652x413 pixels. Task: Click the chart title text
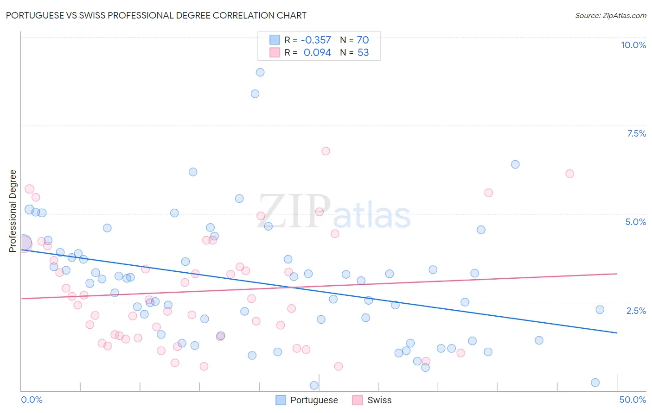(156, 15)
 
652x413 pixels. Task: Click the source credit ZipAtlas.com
(610, 15)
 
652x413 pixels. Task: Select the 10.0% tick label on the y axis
(633, 45)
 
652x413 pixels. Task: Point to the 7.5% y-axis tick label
(636, 133)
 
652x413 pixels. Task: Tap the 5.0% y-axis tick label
(635, 222)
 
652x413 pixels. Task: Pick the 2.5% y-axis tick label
(636, 311)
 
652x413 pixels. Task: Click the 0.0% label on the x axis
(32, 400)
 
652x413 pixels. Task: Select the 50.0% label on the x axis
(633, 400)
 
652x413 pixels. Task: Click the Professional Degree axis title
(13, 211)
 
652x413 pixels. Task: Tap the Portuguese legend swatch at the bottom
(281, 400)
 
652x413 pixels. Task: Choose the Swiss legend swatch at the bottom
(357, 400)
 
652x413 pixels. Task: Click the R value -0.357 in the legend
(316, 40)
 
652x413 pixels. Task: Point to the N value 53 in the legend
(363, 53)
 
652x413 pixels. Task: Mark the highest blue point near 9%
(260, 72)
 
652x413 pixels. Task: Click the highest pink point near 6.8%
(326, 151)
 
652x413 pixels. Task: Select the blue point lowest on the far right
(595, 382)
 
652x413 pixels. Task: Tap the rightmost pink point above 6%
(569, 174)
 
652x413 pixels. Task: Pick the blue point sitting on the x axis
(314, 385)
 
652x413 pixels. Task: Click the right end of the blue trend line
(617, 333)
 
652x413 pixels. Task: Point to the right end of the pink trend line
(617, 274)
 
